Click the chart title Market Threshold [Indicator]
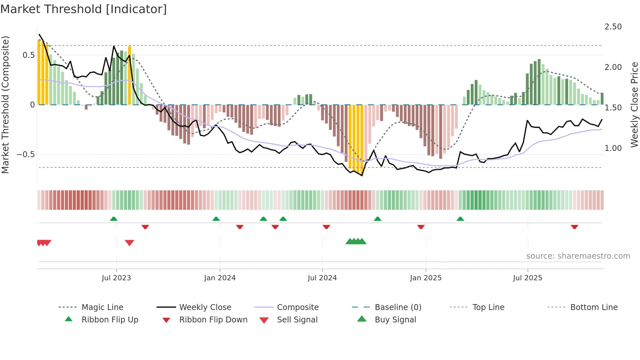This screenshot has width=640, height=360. coord(84,9)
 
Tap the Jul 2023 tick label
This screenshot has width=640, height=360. coord(116,278)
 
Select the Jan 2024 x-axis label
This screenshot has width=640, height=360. coord(220,278)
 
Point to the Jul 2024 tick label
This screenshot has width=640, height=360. coord(322,278)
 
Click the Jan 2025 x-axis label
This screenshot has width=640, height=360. coord(425,278)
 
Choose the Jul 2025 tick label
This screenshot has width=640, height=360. coord(527,278)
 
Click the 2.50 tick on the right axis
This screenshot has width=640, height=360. coord(613,27)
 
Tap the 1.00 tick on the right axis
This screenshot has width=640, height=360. coord(613,148)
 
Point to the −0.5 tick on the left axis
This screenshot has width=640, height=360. coord(26,154)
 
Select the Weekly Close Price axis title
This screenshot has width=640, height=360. coord(634,105)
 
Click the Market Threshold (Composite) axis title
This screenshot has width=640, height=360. coord(5,105)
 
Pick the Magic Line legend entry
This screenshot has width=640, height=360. coord(102,307)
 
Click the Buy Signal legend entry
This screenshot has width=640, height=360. coord(395,320)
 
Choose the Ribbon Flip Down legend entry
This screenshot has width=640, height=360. coord(213,320)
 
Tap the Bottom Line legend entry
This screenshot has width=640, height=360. coord(594,307)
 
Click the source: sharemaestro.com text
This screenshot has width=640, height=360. coord(578,256)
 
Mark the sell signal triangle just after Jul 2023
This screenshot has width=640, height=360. coord(129,243)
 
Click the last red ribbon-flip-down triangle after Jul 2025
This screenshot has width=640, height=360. coord(574,227)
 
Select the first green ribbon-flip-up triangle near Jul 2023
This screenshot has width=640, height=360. coord(114,219)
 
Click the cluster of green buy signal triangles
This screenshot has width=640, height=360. coord(356,241)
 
